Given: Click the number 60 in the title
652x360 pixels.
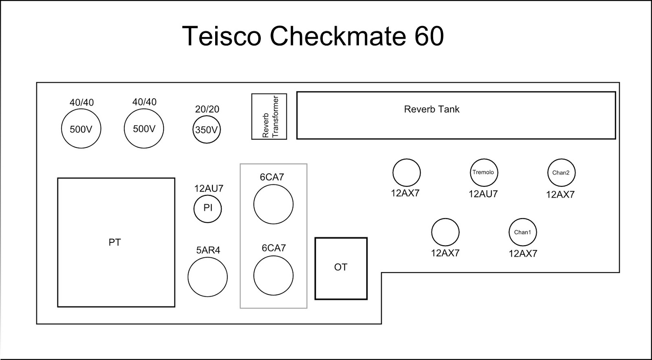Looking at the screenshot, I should pos(429,36).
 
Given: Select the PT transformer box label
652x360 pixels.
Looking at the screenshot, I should pos(115,242).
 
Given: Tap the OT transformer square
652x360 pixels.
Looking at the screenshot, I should pos(341,268).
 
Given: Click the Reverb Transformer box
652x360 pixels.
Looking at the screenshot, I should pos(269,116).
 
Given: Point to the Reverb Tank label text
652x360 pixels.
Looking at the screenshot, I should pos(432,109).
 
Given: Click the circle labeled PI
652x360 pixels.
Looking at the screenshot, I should pos(208,208).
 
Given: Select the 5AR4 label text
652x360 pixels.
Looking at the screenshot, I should pos(208,250).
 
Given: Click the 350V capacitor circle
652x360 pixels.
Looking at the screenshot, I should pos(207,130).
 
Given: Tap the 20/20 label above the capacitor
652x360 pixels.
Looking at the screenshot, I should pos(207,109).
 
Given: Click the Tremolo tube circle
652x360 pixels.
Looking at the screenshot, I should pos(484,173).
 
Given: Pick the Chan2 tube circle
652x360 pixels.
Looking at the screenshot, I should pos(561,173).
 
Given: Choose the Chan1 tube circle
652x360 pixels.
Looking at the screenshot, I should pos(522,232).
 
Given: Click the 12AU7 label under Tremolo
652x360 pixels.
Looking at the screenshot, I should pos(483,194).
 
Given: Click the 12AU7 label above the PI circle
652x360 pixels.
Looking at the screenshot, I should pos(209,189).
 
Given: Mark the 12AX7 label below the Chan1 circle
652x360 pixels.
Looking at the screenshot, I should pos(523,253).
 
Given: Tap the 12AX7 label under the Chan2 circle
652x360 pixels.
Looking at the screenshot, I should pos(560,195).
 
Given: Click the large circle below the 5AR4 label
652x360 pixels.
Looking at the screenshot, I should pos(207,277).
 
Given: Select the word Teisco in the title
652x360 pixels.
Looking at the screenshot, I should pos(221,36).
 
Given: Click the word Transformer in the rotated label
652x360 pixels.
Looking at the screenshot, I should pos(275,116).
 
